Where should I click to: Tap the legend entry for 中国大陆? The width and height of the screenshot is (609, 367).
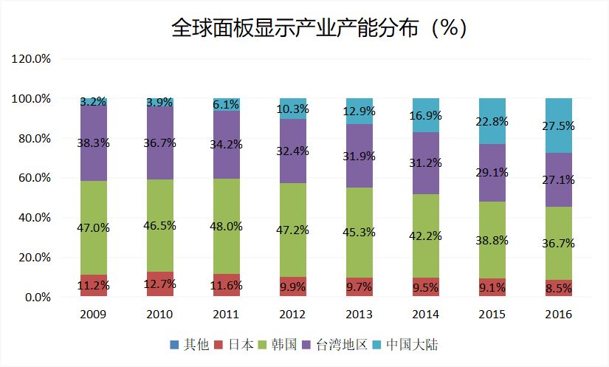click(x=411, y=344)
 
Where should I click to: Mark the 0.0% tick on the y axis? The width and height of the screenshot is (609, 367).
click(x=36, y=297)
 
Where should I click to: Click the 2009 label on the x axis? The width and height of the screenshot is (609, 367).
click(x=94, y=314)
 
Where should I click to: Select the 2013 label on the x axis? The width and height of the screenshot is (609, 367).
click(x=360, y=314)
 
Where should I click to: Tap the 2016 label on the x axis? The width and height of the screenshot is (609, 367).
click(x=558, y=314)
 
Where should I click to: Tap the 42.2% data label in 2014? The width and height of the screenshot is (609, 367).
click(x=427, y=236)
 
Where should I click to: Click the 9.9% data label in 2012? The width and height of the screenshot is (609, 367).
click(x=293, y=286)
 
